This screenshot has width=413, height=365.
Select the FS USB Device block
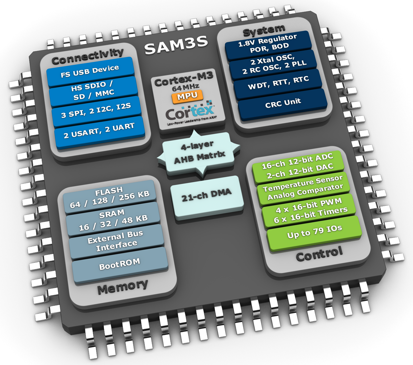[x=90, y=71]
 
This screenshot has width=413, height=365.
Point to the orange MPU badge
[x=187, y=96]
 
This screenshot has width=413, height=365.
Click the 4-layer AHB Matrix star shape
[x=199, y=152]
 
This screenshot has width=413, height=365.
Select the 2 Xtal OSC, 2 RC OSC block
[x=273, y=64]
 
